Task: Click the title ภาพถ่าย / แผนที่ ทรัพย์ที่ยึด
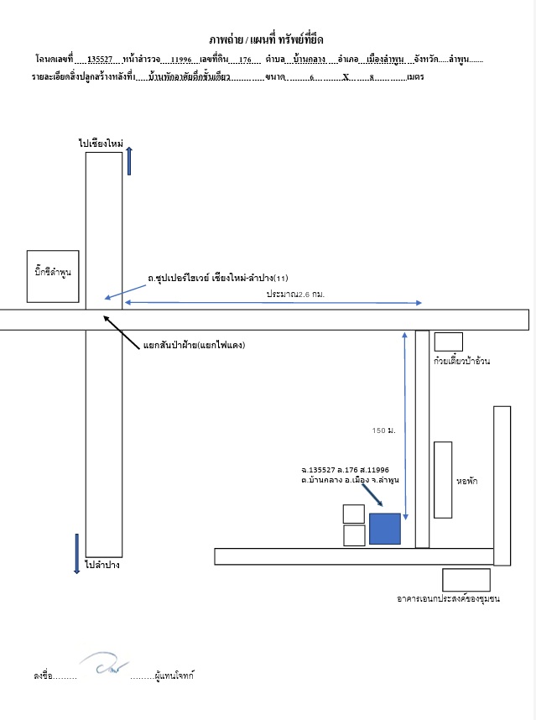[x=266, y=39]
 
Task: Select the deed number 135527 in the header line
[x=100, y=60]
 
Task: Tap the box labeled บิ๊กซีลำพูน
[x=53, y=276]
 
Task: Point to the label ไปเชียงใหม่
[x=101, y=143]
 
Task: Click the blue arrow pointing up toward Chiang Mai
[x=129, y=161]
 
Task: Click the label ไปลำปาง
[x=102, y=565]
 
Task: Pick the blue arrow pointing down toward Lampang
[x=76, y=554]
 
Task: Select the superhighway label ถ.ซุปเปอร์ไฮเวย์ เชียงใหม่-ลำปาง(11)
[x=218, y=278]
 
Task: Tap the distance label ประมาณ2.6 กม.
[x=295, y=294]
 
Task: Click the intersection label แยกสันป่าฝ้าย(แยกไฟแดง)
[x=194, y=345]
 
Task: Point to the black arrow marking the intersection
[x=121, y=332]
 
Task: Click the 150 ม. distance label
[x=383, y=430]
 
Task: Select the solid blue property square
[x=385, y=529]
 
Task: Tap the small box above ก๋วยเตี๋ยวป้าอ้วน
[x=449, y=342]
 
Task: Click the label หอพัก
[x=466, y=481]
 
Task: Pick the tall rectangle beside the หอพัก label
[x=443, y=480]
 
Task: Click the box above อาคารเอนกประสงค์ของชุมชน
[x=466, y=580]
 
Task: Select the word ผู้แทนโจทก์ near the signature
[x=174, y=676]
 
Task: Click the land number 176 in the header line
[x=245, y=60]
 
